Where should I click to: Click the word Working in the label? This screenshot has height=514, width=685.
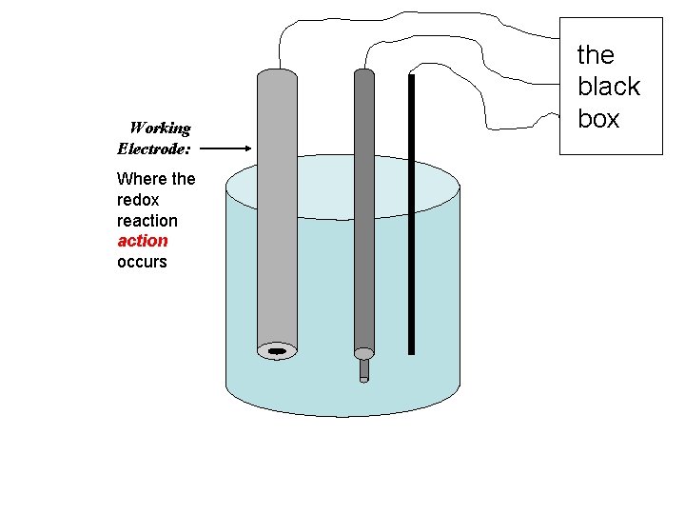(160, 128)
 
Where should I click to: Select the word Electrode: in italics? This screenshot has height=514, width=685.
(153, 148)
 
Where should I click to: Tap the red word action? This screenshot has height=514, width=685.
(142, 241)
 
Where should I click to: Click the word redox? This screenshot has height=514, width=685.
(138, 200)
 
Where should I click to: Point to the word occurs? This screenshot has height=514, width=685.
(141, 262)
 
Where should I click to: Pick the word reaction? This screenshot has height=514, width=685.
(147, 220)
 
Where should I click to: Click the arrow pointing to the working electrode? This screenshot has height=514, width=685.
(227, 148)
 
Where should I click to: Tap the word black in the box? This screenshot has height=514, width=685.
(608, 87)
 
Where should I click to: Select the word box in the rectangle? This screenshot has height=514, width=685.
(598, 119)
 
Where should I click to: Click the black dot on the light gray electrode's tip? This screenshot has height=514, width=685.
(277, 351)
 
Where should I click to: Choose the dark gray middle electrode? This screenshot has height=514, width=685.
(364, 209)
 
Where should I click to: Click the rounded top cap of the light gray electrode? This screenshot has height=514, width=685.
(277, 73)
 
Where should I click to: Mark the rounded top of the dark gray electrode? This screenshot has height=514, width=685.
(364, 73)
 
